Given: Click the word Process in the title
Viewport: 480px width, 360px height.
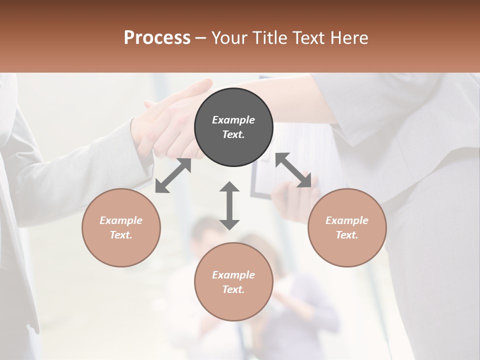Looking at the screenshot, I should pos(157,38).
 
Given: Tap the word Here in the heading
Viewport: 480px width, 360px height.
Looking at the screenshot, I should pos(349,38).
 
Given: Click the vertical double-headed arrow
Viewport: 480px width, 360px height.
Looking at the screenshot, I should pos(229,205).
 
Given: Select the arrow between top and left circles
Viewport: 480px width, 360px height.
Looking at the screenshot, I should pos(173,175).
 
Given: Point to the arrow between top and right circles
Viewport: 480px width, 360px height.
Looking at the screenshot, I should pos(293,170).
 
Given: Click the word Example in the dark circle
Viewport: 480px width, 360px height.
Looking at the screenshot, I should pos(233,120).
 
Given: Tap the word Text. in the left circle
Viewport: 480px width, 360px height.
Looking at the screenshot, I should pos(121,235).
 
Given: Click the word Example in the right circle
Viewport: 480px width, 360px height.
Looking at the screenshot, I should pos(347,220).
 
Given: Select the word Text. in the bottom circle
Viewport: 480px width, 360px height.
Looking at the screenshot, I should pos(233,289).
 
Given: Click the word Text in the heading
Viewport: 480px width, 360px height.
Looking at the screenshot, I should pos(309,38).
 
